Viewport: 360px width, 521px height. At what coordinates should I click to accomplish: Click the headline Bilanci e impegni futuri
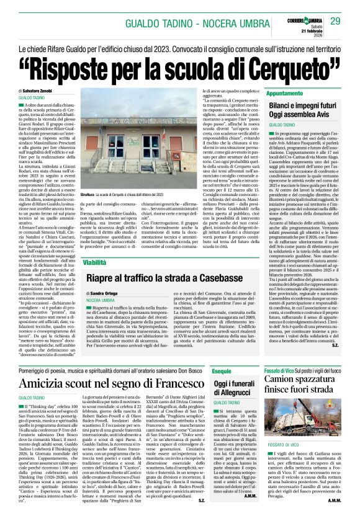[302, 105]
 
